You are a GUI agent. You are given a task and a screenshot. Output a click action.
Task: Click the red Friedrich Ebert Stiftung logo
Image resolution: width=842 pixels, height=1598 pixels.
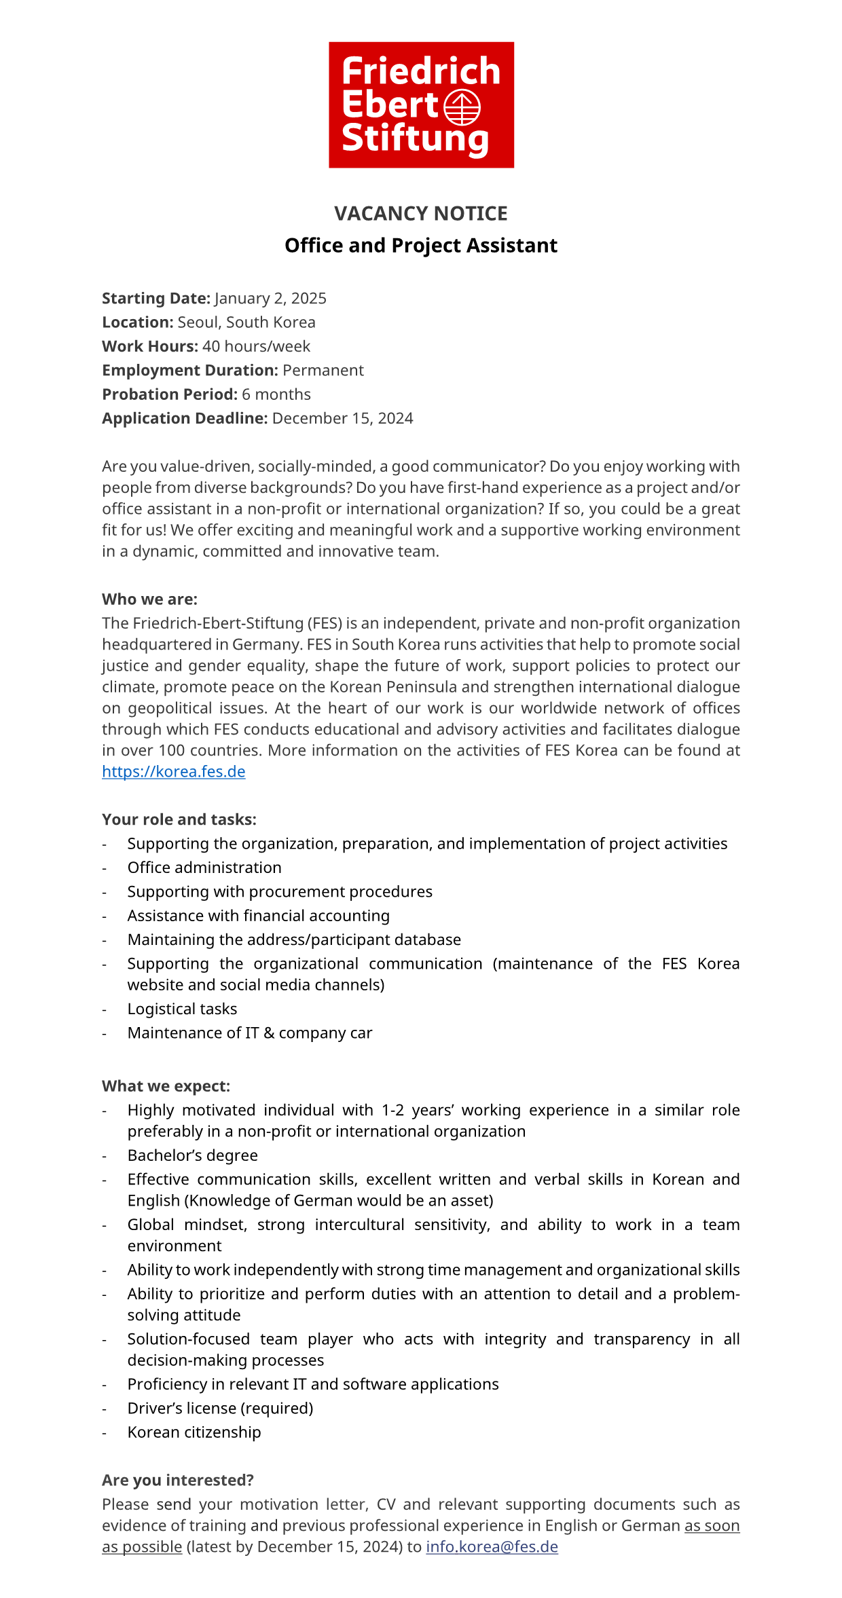coord(421,105)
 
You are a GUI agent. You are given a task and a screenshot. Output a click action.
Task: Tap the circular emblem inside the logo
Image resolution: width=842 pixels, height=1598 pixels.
coord(462,107)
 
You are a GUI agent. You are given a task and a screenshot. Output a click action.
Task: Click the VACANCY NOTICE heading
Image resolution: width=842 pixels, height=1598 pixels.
coord(421,214)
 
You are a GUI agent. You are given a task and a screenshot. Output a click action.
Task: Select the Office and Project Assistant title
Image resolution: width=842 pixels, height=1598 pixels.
coord(421,246)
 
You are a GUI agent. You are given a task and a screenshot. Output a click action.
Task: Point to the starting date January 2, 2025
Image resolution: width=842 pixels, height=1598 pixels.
coord(270,299)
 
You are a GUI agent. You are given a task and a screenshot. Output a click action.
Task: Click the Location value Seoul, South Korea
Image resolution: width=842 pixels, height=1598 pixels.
coord(246,322)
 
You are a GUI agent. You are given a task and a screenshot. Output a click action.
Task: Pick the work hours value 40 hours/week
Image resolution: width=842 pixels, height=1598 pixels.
coord(256,347)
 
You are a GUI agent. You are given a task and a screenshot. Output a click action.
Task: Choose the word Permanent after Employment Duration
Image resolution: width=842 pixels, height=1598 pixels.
coord(323,371)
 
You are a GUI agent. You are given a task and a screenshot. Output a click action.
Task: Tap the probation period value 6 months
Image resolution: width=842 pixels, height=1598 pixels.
coord(276,394)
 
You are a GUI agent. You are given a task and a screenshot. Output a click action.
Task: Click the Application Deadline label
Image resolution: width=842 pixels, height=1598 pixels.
coord(185,419)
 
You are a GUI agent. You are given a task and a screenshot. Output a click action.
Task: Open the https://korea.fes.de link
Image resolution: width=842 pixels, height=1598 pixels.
coord(174,772)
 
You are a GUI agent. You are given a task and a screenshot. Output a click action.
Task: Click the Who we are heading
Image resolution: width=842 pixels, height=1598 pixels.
coord(149,599)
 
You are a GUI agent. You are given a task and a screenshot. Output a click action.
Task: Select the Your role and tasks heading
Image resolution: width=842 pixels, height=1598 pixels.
coord(179,820)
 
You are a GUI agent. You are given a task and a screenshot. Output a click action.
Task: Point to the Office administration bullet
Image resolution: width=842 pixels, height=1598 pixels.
coord(204,868)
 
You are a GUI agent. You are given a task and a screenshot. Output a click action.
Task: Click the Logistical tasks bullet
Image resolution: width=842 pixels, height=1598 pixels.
coord(183,1009)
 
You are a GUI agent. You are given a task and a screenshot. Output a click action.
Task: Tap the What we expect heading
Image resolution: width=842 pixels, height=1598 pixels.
coord(166,1087)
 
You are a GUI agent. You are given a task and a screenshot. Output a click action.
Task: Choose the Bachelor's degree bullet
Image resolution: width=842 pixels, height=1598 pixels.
coord(193,1156)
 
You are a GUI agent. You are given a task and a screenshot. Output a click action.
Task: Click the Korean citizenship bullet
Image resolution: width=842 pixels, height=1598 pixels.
coord(194,1433)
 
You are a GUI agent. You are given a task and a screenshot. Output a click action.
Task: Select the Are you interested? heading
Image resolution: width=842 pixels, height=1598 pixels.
coord(178,1481)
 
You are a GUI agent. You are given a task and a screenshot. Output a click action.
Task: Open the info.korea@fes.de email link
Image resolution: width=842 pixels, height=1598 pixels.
coord(492,1547)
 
